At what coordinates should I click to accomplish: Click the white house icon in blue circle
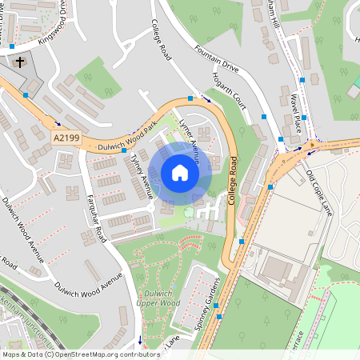pos(180,173)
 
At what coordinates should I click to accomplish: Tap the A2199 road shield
pos(66,138)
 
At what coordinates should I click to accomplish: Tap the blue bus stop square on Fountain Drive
pos(190,98)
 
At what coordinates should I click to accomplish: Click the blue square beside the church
pos(26,94)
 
